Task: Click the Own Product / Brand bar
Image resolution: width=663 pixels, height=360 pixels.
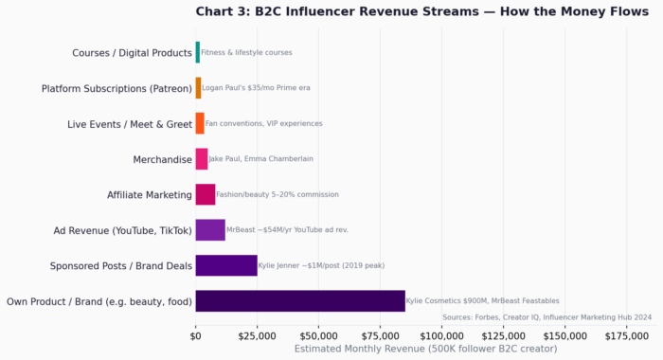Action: (x=300, y=301)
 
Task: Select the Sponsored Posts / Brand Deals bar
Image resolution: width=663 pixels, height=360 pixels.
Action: (x=226, y=265)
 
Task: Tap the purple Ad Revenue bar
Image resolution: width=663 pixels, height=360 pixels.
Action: (x=210, y=230)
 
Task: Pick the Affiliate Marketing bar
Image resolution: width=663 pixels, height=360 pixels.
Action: (x=206, y=194)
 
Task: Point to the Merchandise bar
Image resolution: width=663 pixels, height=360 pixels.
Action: (x=202, y=159)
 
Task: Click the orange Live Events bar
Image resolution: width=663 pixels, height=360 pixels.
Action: (x=200, y=123)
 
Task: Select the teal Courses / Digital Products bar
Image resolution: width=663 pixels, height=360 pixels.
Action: (x=198, y=52)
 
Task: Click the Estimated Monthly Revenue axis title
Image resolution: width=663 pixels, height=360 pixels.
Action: (x=425, y=349)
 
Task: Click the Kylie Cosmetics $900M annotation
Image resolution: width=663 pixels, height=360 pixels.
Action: (x=482, y=301)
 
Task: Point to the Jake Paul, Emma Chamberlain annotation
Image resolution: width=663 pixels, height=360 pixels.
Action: (x=260, y=159)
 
